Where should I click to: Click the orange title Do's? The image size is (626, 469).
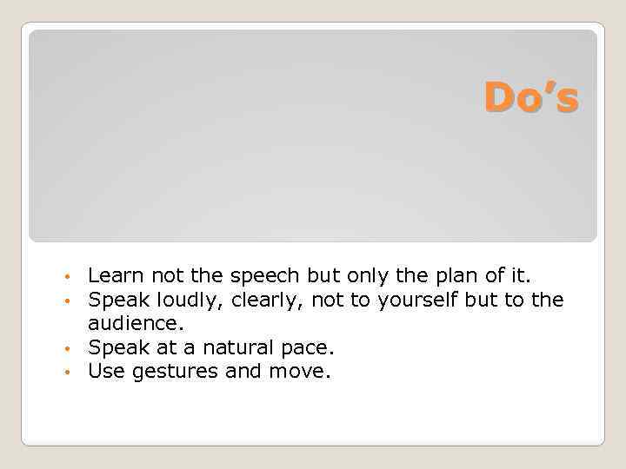click(x=530, y=97)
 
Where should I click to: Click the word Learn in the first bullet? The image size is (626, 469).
click(x=117, y=276)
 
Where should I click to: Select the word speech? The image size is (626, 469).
click(x=264, y=276)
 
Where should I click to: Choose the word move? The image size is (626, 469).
click(x=306, y=372)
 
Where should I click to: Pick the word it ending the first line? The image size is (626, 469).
click(x=520, y=276)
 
